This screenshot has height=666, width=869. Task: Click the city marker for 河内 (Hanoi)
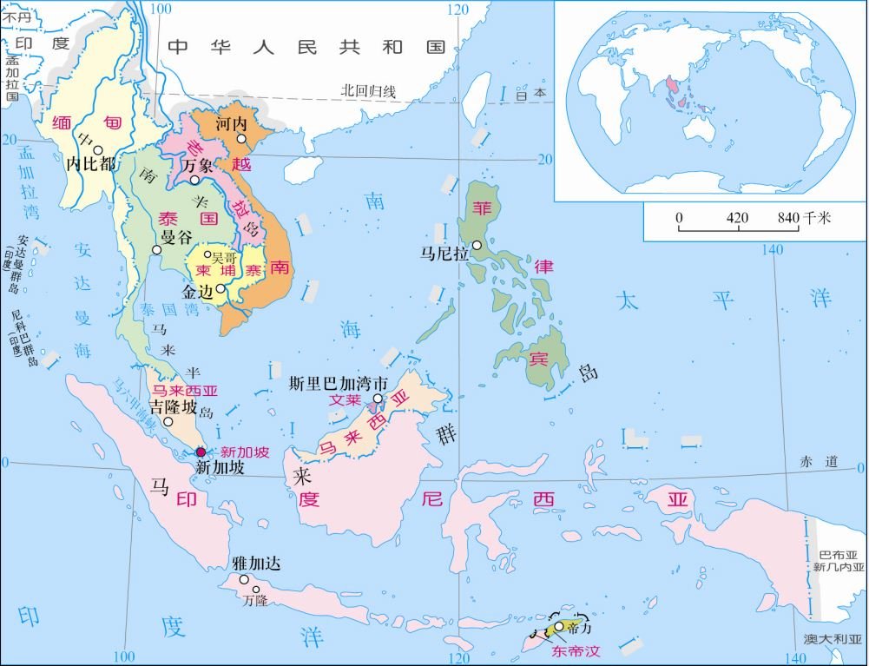tap(242, 139)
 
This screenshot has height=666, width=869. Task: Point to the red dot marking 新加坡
tap(201, 452)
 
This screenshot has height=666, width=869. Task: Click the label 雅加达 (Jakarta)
tap(257, 563)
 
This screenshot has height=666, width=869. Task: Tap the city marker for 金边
tap(222, 289)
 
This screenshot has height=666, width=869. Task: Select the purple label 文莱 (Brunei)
tap(343, 401)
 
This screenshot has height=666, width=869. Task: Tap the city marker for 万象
tap(195, 181)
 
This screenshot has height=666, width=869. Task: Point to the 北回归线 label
tap(368, 90)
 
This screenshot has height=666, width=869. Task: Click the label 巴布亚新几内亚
tap(841, 560)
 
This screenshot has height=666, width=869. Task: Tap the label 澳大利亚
tap(833, 640)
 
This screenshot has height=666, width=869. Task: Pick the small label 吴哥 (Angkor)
tap(223, 258)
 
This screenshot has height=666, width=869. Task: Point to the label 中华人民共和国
tap(306, 47)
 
